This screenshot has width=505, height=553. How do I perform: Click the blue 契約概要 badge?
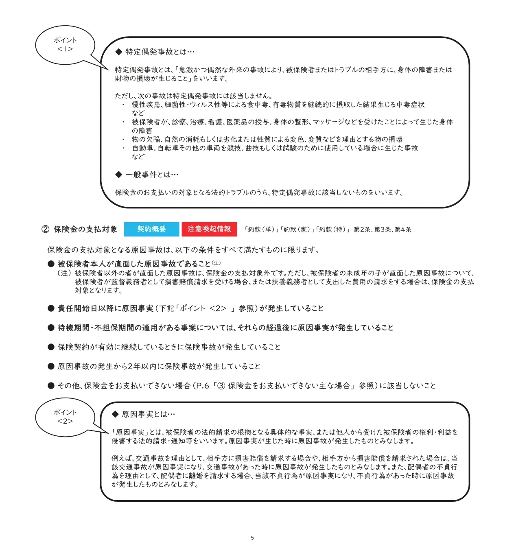tap(151, 229)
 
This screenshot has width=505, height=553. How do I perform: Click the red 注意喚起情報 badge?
tap(209, 229)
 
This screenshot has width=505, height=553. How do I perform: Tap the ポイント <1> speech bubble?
tap(65, 45)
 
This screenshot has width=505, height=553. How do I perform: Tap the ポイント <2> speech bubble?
tap(65, 417)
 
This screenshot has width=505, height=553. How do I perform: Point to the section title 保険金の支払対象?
tap(85, 229)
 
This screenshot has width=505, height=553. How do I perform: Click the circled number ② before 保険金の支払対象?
tap(46, 229)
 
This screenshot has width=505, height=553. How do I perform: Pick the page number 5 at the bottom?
tap(252, 538)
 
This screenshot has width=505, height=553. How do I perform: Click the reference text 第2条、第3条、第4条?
tap(383, 230)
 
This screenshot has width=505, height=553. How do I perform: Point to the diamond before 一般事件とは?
tap(118, 175)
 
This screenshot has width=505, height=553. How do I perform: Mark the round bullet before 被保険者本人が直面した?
tap(51, 264)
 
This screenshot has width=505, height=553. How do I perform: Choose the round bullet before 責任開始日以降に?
tap(51, 308)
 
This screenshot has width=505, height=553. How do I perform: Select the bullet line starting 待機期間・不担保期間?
tap(225, 328)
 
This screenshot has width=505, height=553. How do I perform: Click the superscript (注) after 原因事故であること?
tap(216, 263)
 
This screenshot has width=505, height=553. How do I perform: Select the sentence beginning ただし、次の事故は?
tap(194, 96)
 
